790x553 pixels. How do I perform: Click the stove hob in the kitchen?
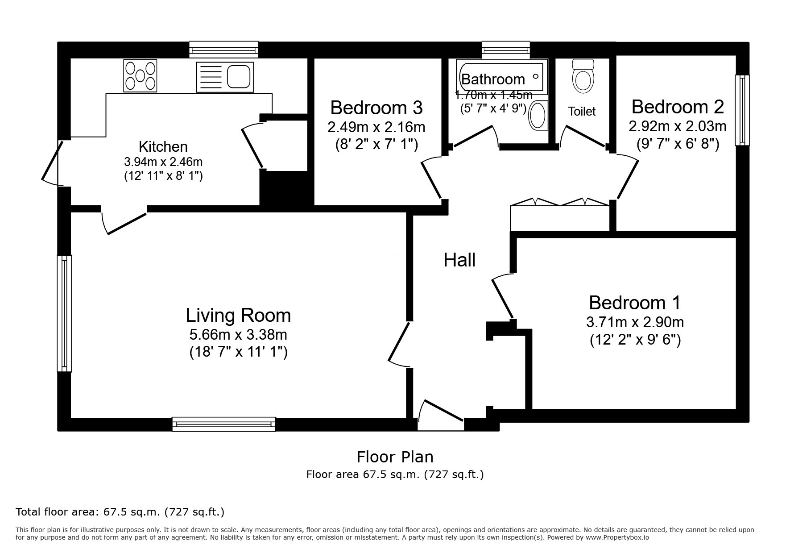tap(140, 75)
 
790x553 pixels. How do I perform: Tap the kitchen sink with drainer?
tap(224, 77)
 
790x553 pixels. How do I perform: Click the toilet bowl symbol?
tap(583, 76)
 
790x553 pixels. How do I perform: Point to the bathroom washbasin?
tap(538, 115)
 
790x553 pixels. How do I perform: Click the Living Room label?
tap(238, 316)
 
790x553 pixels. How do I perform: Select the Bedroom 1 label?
tap(635, 303)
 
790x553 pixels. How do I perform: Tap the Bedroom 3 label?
tap(376, 108)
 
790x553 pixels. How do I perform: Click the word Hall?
tap(459, 260)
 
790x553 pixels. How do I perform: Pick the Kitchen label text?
tap(163, 146)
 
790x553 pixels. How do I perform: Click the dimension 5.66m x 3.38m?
tap(238, 334)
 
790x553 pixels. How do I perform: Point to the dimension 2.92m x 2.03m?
tap(678, 126)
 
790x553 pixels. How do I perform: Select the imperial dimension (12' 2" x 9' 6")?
tap(635, 340)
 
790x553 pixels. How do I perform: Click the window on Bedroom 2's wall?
tap(742, 110)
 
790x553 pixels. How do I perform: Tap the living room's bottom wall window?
tap(224, 424)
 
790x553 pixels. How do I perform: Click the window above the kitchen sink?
tap(223, 50)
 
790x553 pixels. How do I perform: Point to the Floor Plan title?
tap(395, 457)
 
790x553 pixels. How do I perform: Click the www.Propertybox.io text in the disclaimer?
tap(618, 537)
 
